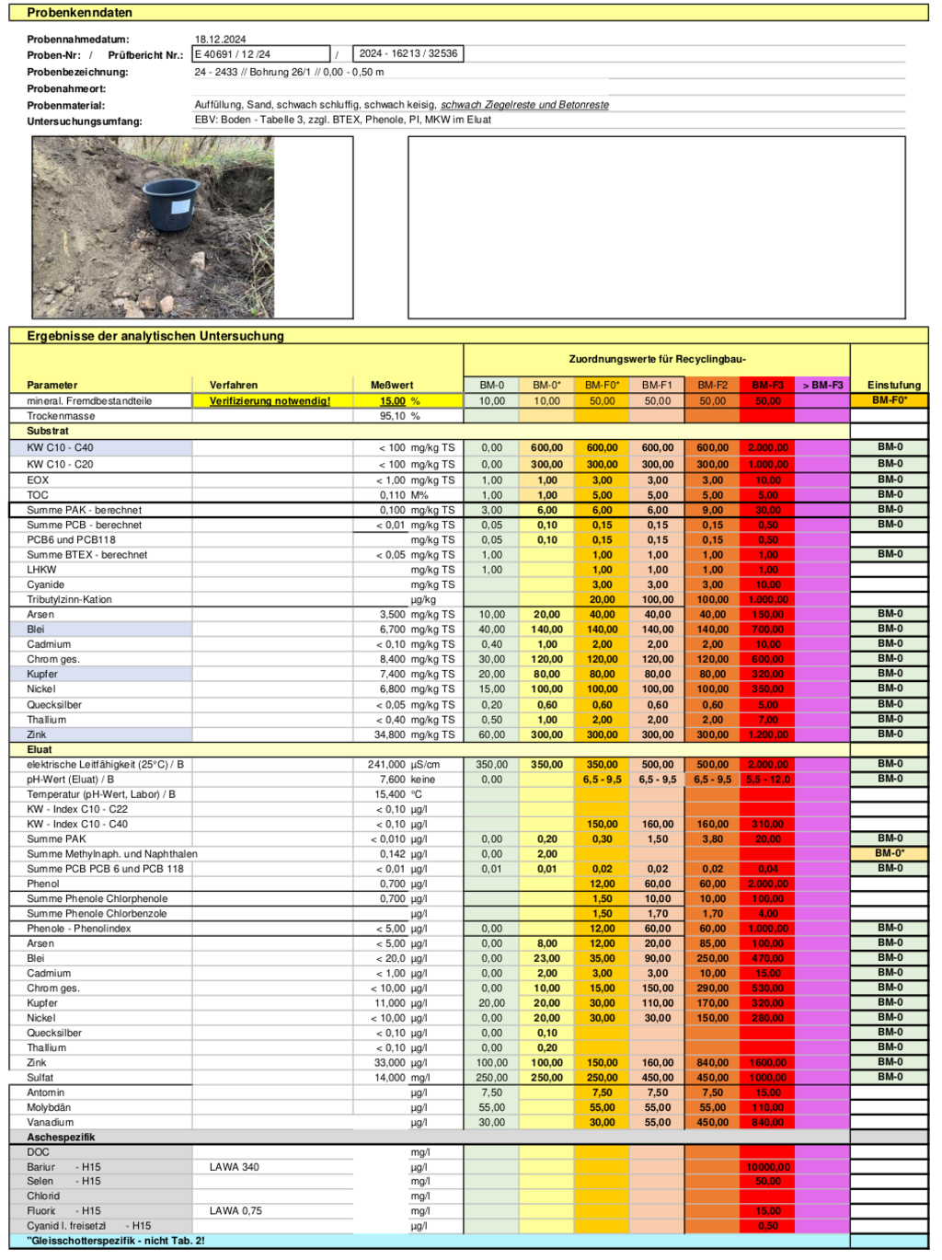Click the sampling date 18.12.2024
(220, 40)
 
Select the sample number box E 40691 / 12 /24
(260, 54)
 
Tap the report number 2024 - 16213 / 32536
(408, 53)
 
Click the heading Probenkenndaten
(79, 13)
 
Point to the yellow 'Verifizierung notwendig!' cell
(270, 401)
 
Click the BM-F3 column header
(767, 386)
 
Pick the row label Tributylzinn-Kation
(69, 600)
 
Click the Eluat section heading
(40, 750)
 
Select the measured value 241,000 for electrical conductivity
(386, 765)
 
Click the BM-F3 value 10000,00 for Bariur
(767, 1167)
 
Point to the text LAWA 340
(234, 1167)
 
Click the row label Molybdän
(49, 1108)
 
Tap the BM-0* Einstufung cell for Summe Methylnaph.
(889, 853)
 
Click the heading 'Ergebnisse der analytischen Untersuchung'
(155, 336)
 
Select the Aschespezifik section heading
(61, 1138)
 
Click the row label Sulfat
(40, 1078)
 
